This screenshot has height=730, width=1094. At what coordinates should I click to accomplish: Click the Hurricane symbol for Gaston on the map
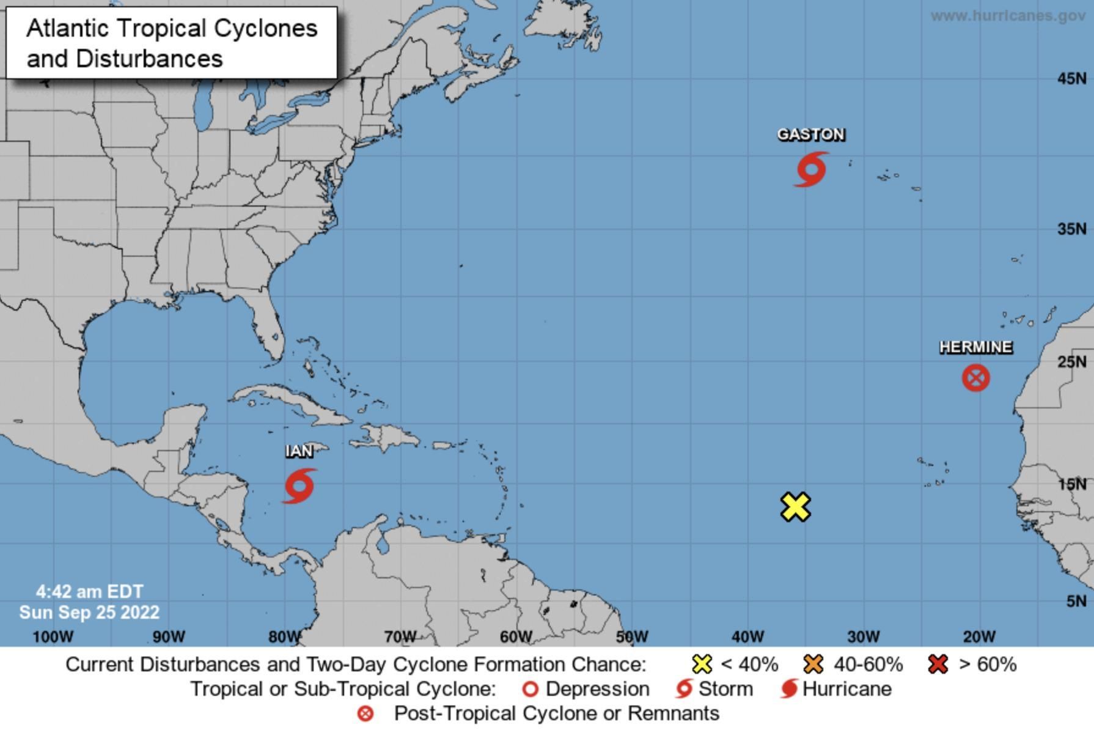point(812,169)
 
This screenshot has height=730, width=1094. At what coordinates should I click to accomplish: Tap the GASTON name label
point(811,135)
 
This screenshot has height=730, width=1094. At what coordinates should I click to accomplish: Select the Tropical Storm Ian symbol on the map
point(299,486)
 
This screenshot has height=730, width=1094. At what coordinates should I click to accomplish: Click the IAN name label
point(299,451)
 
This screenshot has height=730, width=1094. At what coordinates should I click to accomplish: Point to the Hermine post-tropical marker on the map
point(975,378)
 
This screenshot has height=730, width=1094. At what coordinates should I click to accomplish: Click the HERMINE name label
point(975,347)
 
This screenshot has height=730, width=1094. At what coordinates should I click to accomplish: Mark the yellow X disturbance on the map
point(796,507)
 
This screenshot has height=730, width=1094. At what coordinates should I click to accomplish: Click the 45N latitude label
point(1072,78)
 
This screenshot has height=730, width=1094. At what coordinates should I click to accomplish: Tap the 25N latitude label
point(1072,362)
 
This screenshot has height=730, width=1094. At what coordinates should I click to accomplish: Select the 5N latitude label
point(1076,601)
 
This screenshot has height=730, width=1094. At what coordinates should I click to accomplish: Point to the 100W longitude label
point(53,637)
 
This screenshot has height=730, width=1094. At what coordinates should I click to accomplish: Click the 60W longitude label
point(516,637)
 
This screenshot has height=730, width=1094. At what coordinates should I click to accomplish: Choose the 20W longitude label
point(979,637)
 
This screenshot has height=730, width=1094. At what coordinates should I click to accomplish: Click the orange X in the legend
point(814,664)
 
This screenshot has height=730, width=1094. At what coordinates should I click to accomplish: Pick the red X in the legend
point(938,664)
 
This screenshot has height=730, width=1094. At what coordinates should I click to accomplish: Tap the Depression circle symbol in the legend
point(530,689)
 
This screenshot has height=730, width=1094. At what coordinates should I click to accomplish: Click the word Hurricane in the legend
point(846,689)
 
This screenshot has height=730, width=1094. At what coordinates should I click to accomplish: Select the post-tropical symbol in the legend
point(365,713)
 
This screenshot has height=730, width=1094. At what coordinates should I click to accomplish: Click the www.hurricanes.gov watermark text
point(1008,16)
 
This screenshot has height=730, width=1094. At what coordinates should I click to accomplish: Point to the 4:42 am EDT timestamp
point(90,592)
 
